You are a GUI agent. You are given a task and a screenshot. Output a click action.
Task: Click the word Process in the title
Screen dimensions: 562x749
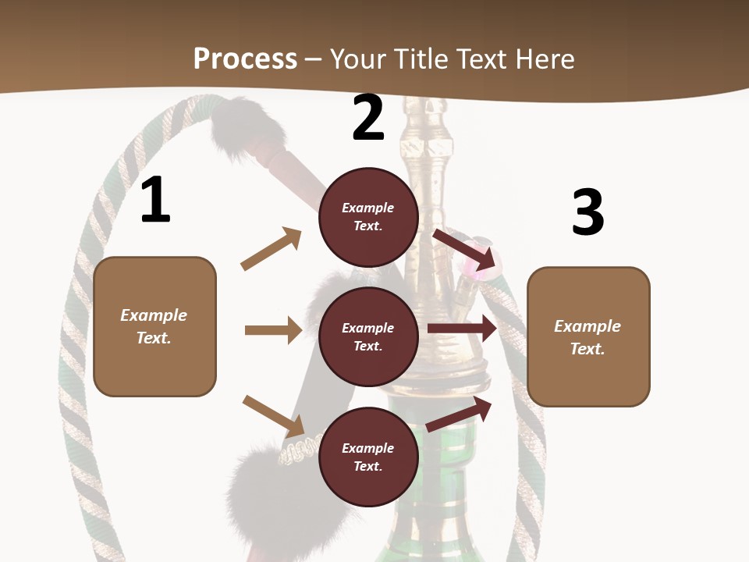coord(245,59)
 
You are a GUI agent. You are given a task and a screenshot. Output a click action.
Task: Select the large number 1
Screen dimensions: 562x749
coord(155,200)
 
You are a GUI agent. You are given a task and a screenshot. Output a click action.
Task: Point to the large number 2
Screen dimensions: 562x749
coord(368,118)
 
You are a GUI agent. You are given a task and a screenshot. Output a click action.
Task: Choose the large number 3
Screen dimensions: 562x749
coord(587,212)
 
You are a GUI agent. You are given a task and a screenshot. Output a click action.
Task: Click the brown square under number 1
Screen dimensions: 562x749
coord(154,326)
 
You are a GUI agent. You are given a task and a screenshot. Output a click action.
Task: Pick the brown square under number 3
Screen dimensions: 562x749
coord(588,337)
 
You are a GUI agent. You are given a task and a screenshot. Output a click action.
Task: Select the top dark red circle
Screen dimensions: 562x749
coord(368,217)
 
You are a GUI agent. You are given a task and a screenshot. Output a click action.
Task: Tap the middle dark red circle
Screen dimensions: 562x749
coord(368,337)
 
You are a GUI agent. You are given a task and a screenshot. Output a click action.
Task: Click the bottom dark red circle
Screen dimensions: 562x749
coord(368,457)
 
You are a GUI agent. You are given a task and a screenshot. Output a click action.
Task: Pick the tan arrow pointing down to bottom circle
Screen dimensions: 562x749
coord(274,416)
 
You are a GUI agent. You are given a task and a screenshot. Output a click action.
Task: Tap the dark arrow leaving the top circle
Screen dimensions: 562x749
coord(464,249)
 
